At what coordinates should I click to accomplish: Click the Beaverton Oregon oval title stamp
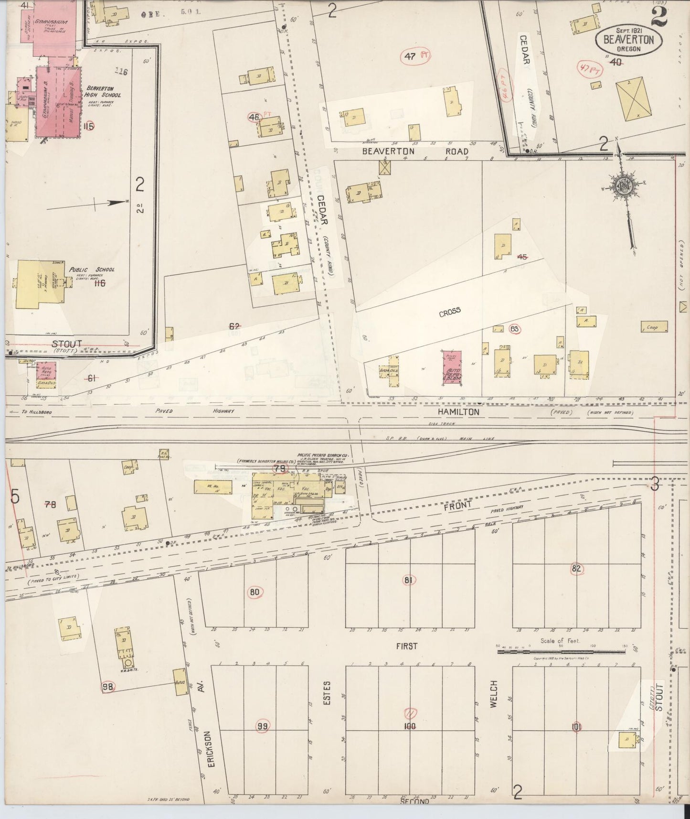point(628,40)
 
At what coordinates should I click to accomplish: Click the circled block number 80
point(255,593)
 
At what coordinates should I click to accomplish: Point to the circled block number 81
point(408,580)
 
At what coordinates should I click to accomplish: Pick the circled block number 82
point(576,569)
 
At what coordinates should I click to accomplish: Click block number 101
point(576,727)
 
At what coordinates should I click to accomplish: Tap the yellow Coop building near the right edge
point(654,327)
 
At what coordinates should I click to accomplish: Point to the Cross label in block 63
point(450,311)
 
